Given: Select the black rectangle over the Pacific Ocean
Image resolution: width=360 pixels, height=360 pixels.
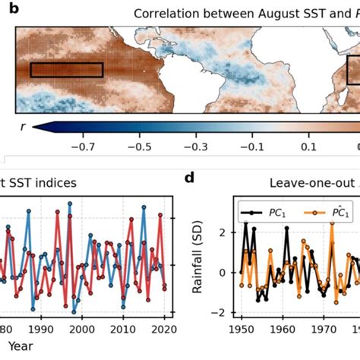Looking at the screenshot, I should (x=66, y=70).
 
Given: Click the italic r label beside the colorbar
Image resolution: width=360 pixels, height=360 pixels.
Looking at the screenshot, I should (x=22, y=128).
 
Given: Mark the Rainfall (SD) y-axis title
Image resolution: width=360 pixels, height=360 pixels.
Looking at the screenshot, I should (x=199, y=259).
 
